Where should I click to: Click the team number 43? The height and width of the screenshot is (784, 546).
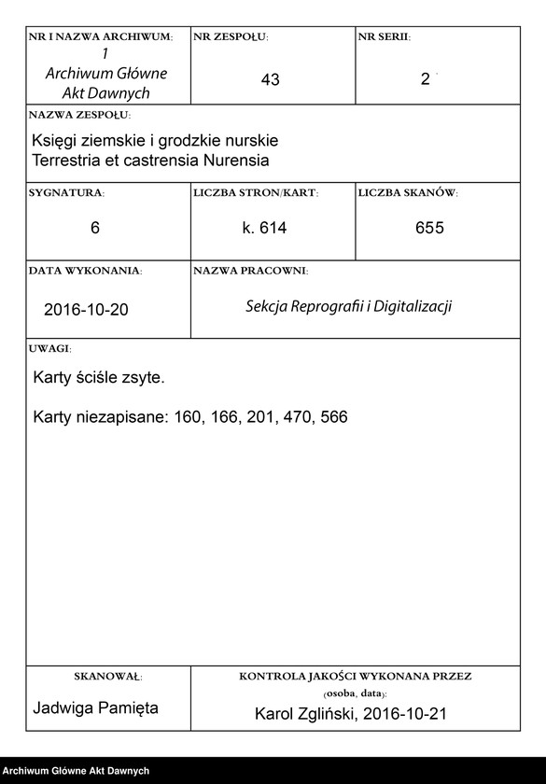[271, 80]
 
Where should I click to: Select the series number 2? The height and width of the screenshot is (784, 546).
[426, 80]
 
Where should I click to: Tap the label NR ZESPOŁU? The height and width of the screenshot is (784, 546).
[231, 36]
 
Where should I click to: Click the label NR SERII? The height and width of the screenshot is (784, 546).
[384, 36]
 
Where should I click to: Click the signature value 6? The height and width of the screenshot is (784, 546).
[95, 229]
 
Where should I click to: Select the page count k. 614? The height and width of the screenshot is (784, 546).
[264, 229]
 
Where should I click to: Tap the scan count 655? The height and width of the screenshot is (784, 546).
[429, 229]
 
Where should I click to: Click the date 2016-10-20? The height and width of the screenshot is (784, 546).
[86, 309]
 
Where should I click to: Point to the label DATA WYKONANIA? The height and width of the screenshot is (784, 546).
[85, 271]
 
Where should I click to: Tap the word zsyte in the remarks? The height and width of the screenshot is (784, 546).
[145, 378]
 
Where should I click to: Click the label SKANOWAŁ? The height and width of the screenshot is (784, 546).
[107, 675]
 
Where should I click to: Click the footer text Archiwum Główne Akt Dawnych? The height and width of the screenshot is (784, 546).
[77, 771]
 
